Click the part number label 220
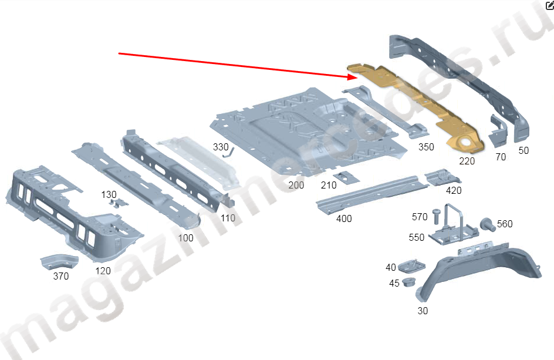click(x=467, y=162)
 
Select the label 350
click(x=426, y=147)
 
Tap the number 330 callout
click(x=221, y=147)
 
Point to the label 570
click(x=420, y=217)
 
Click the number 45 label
click(x=394, y=283)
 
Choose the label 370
click(x=61, y=276)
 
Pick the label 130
click(x=109, y=195)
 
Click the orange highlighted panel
click(x=416, y=106)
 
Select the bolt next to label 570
click(x=437, y=216)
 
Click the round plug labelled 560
click(x=488, y=224)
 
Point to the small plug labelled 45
click(x=409, y=282)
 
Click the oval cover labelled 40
click(x=411, y=266)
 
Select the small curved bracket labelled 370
click(x=59, y=261)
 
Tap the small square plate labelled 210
click(x=346, y=178)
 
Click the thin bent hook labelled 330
click(x=230, y=153)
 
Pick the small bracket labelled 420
click(x=442, y=177)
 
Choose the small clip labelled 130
click(x=118, y=203)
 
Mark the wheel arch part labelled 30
click(x=479, y=270)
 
